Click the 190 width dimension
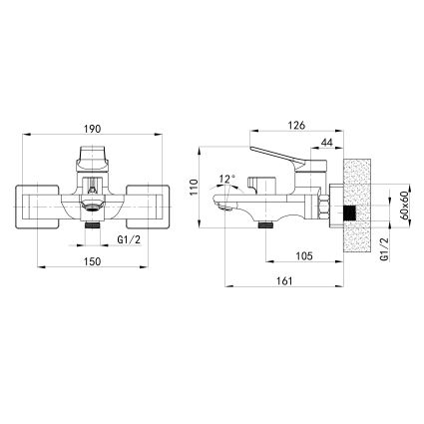92,129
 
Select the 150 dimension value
92,261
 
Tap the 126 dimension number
296,125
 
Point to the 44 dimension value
327,143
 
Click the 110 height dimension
194,187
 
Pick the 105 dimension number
304,256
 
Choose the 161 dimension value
284,281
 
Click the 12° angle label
227,179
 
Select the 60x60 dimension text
405,206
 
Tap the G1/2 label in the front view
129,240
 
